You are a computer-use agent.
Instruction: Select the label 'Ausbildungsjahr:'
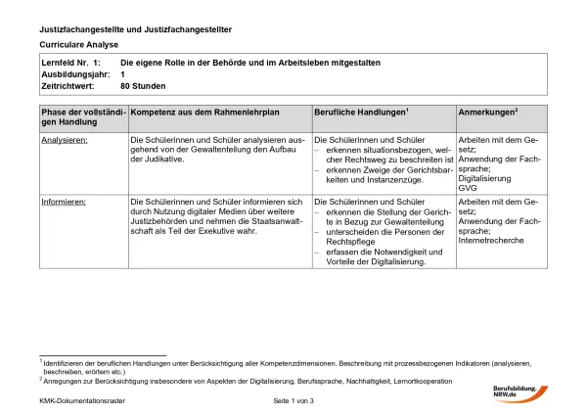[x=70, y=73]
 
